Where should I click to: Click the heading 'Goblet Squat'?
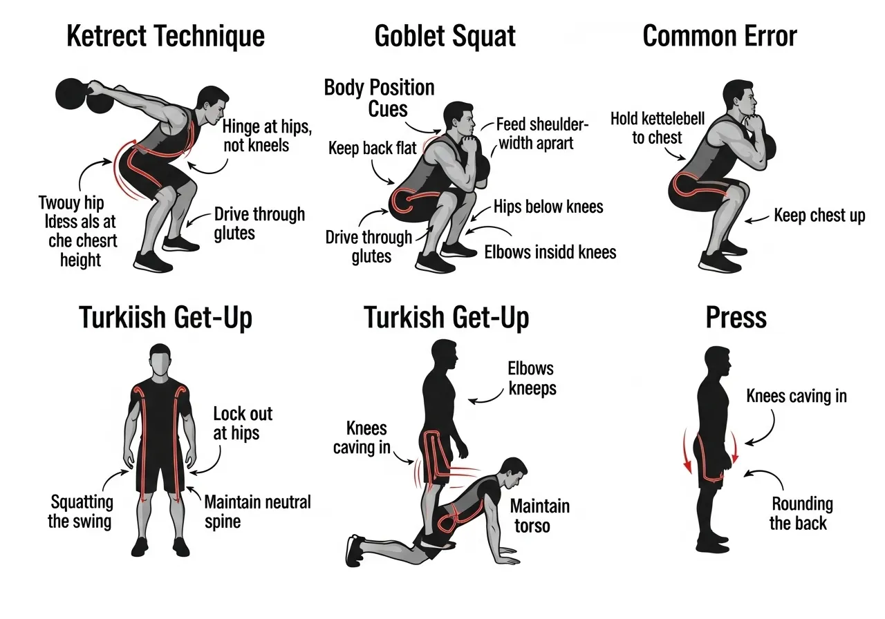445,36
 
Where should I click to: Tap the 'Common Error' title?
720,36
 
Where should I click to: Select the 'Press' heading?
736,318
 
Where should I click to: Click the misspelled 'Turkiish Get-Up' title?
165,318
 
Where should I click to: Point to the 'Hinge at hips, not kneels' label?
257,135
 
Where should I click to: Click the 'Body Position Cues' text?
379,97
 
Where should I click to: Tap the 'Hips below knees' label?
548,207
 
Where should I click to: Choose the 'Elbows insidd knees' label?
550,252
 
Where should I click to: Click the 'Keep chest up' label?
819,216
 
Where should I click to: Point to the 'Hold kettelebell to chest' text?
657,128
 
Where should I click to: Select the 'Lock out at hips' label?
242,423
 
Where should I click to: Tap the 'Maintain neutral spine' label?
257,511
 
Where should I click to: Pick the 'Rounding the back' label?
802,513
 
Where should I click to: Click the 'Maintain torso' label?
539,515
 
